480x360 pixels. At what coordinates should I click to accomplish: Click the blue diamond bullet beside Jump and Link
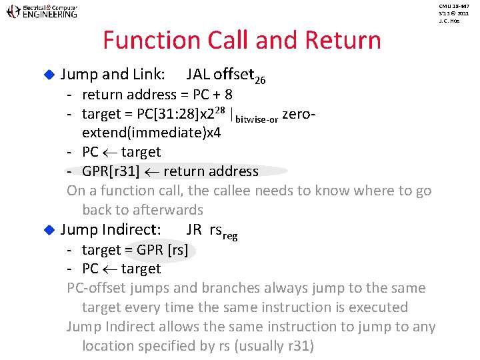(48, 77)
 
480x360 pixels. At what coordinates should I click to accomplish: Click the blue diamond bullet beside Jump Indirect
(48, 230)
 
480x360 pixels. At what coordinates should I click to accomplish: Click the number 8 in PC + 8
(247, 95)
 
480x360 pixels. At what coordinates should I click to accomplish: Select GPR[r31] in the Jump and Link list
(111, 171)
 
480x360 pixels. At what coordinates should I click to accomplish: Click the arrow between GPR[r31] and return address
(151, 172)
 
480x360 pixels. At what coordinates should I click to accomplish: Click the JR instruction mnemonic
(194, 230)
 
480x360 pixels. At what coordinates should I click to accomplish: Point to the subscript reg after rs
(230, 235)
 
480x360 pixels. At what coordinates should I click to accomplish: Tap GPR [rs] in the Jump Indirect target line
(161, 250)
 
